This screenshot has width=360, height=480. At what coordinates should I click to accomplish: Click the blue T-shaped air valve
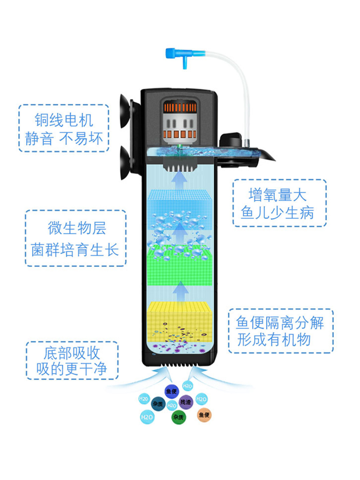tap(180, 55)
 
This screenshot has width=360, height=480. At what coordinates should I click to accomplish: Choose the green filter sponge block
tap(179, 267)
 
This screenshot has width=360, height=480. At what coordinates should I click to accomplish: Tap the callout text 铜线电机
tap(64, 120)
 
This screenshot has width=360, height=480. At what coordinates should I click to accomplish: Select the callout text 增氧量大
tap(277, 195)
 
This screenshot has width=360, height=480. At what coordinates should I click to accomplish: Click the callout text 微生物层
tap(77, 228)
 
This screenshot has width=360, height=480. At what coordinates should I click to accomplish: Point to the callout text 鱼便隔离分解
tap(280, 323)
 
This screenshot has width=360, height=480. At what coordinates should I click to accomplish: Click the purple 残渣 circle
tap(186, 402)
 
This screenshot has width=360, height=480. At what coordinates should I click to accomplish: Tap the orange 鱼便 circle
tap(204, 415)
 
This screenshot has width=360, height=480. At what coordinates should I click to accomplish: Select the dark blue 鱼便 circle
tap(171, 391)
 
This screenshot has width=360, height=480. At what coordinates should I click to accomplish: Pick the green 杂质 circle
tap(178, 417)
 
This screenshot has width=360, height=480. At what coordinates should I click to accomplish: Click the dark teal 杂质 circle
tap(158, 404)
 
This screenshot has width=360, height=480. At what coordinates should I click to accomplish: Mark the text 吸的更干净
tap(72, 369)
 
